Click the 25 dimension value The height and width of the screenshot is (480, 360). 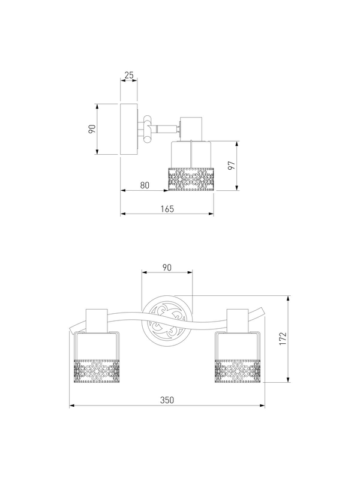coord(129,75)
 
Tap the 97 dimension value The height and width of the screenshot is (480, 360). coord(232,166)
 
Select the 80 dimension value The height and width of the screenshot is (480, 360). coord(145,185)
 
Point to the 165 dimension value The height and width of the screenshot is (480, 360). coord(167,209)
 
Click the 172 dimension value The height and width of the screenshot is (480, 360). coord(283,338)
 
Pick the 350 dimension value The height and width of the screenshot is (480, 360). coord(167,400)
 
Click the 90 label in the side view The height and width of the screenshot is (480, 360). coord(92,129)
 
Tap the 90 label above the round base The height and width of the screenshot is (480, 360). coord(167,267)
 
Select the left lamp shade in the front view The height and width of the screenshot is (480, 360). coord(97,358)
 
